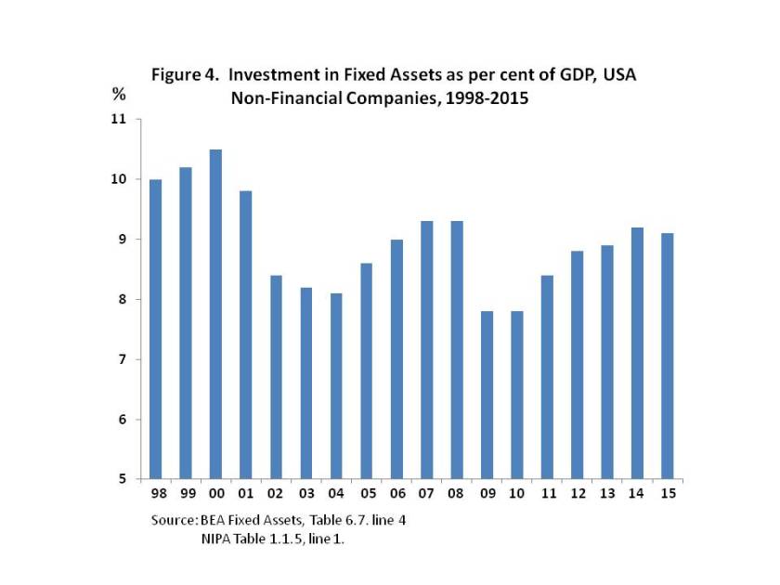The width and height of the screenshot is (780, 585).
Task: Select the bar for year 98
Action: [156, 329]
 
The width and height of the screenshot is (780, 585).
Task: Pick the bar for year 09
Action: [486, 395]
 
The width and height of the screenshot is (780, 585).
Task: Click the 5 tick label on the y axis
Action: [121, 479]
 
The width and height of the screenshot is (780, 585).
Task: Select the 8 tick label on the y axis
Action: [121, 299]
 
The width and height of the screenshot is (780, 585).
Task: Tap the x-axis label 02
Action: [276, 492]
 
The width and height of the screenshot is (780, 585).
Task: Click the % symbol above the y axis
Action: [119, 94]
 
